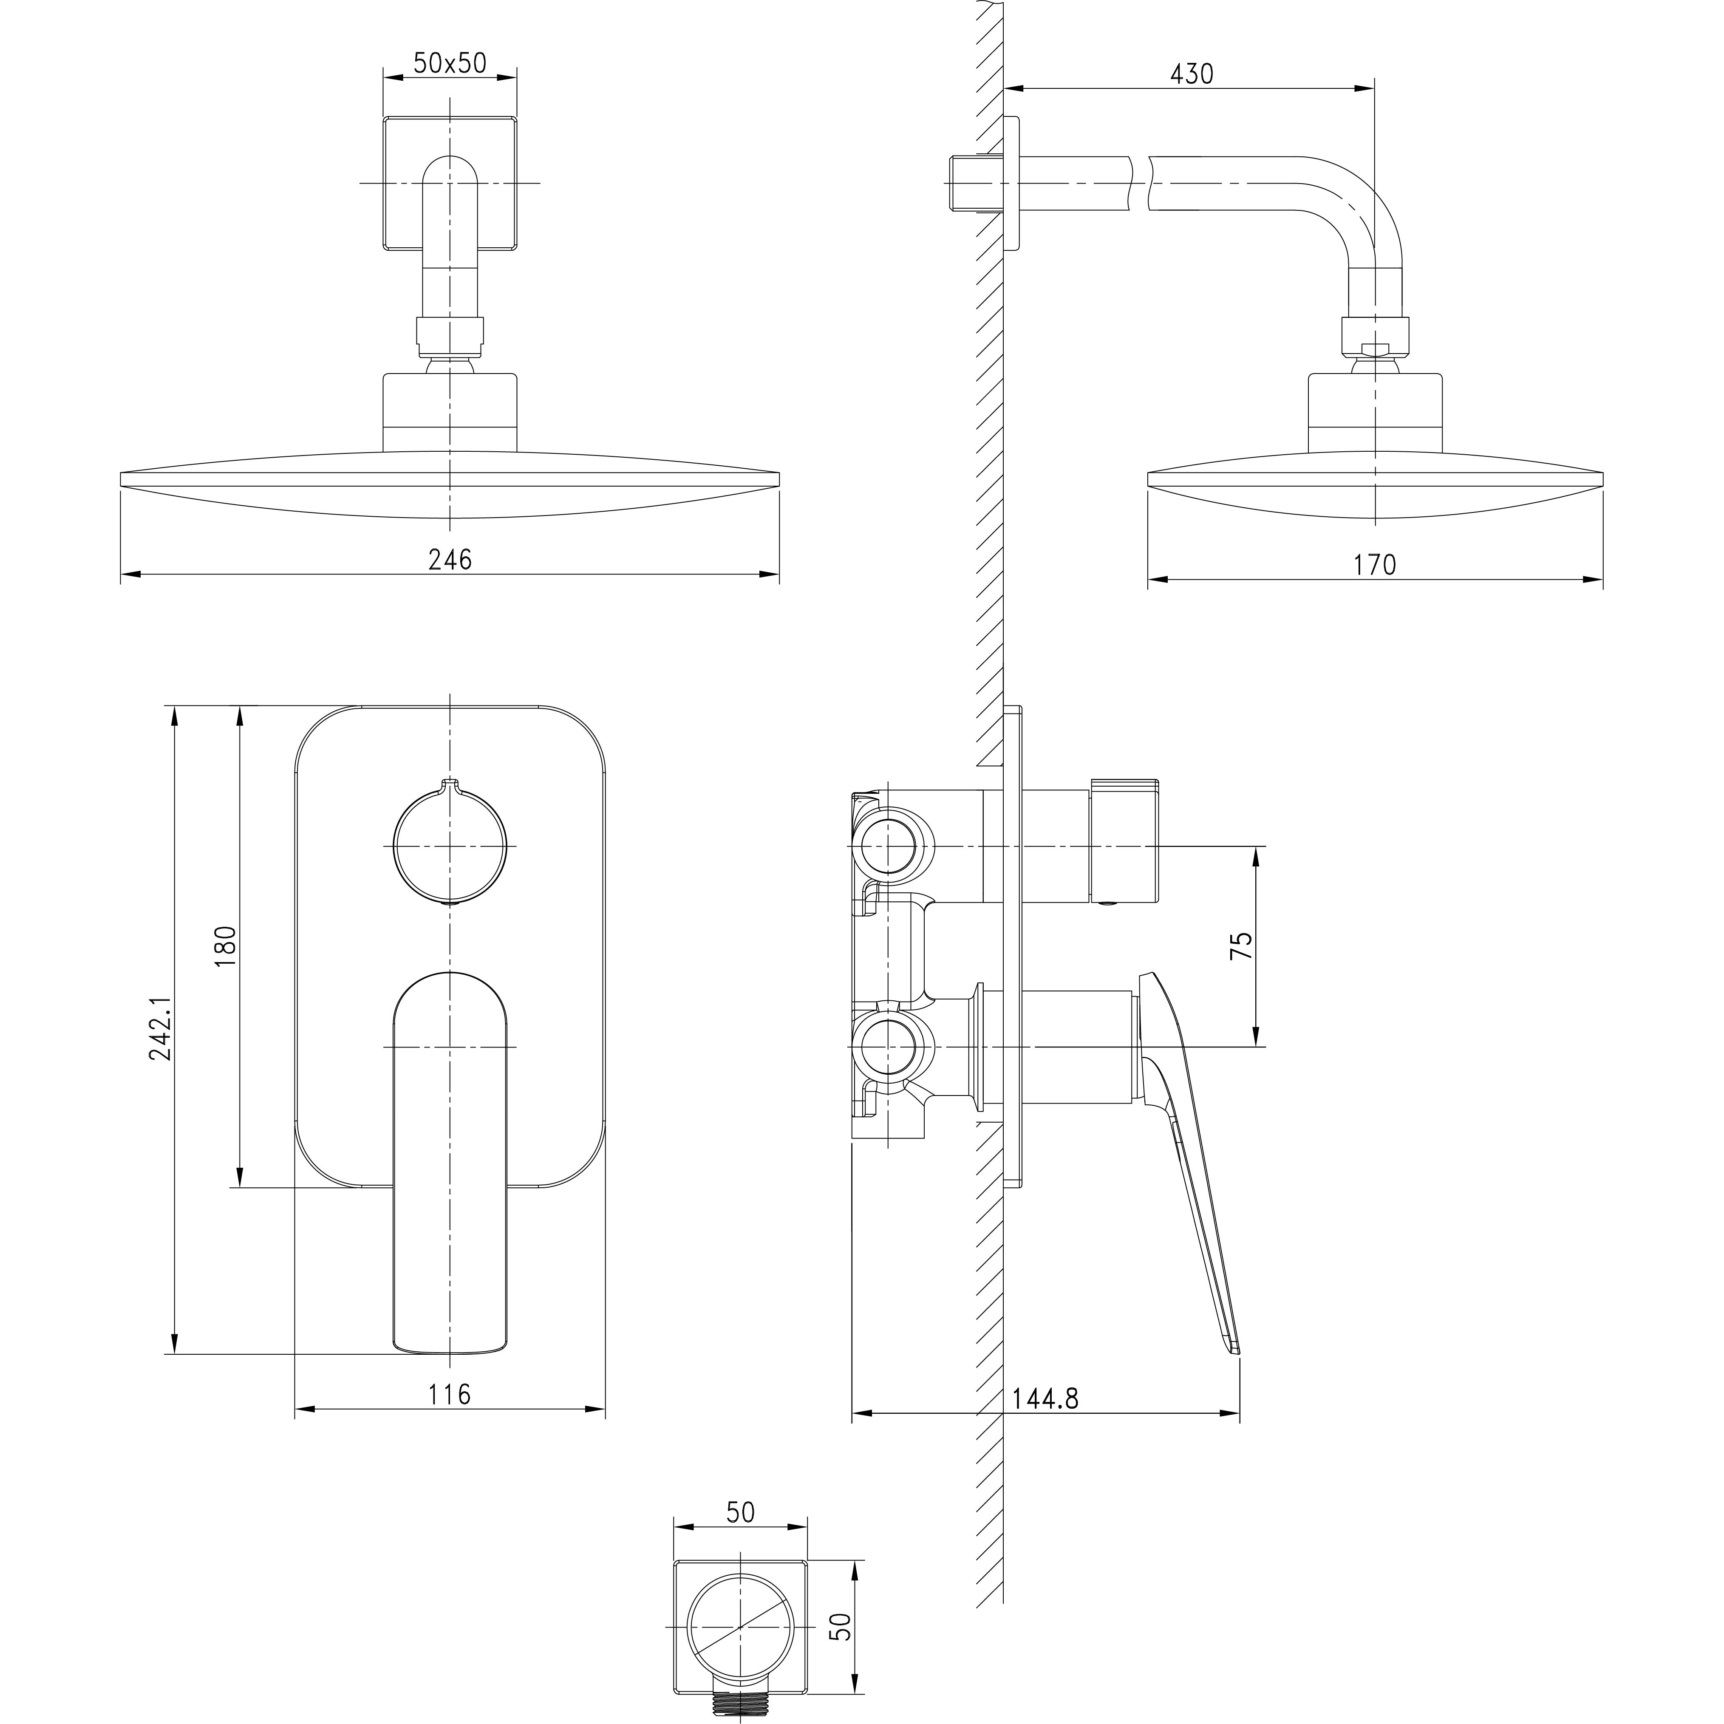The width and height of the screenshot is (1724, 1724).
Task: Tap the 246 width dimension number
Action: [x=450, y=560]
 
